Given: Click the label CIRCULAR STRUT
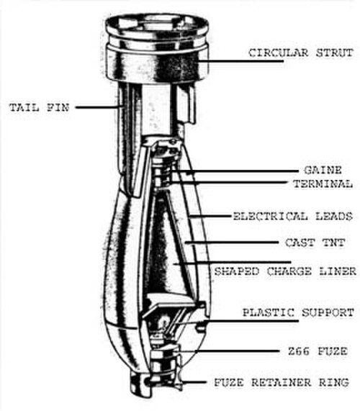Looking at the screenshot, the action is (301, 53).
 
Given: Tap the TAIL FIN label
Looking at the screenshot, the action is (40, 108).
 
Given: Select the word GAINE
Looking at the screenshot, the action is (323, 171).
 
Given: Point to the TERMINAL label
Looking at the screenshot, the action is (323, 184).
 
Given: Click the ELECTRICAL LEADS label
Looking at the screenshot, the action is (292, 217).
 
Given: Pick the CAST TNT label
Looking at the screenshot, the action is (315, 243).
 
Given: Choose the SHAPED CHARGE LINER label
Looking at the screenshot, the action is (285, 271).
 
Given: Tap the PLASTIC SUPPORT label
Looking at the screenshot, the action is (298, 312).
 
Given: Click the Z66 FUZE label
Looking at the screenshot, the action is (318, 351).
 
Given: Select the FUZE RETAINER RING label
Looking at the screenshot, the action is (282, 382).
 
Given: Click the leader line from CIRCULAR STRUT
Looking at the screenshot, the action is (240, 61).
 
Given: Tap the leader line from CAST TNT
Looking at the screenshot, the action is (231, 243).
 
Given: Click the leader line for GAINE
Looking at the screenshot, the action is (235, 171).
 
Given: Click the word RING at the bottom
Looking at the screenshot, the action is (334, 382).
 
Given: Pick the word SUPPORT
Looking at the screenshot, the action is (328, 312).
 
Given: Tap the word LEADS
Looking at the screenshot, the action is (334, 217).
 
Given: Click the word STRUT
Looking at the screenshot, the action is (335, 53).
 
